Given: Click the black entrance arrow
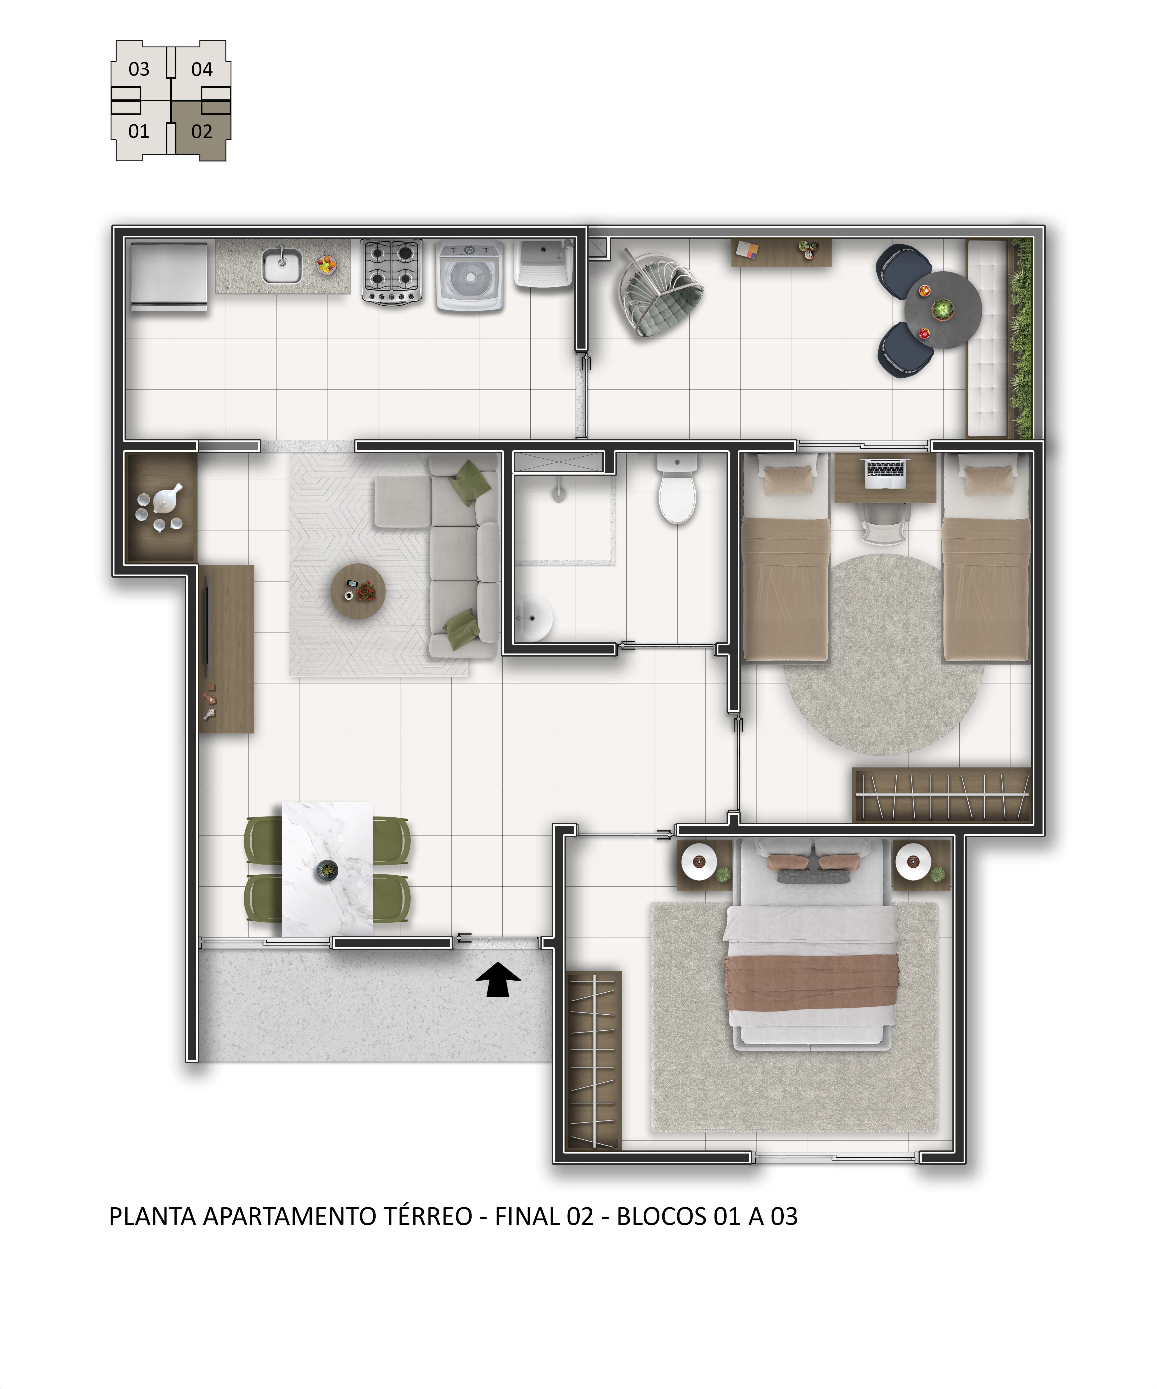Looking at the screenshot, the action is click(498, 979).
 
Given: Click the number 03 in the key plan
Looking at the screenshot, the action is click(139, 69).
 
